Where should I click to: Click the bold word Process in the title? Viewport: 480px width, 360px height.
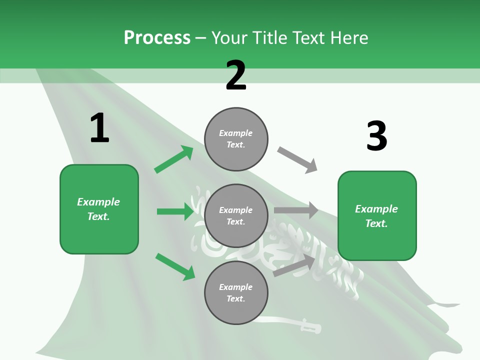tap(157, 37)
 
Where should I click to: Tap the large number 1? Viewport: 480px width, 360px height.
tap(99, 128)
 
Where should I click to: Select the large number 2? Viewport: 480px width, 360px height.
tap(236, 75)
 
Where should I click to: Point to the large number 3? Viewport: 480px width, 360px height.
tap(376, 136)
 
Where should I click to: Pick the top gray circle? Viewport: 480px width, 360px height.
tap(236, 139)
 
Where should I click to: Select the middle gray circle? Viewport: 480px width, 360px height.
tap(236, 216)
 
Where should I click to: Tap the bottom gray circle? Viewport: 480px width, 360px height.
tap(236, 293)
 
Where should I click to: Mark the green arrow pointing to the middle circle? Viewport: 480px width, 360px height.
tap(175, 211)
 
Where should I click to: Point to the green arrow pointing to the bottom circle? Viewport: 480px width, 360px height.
tap(175, 266)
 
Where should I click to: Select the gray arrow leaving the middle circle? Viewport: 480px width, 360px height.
tap(296, 210)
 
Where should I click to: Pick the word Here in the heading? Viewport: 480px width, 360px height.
tap(349, 37)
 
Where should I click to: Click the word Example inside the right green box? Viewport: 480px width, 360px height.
tap(376, 209)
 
